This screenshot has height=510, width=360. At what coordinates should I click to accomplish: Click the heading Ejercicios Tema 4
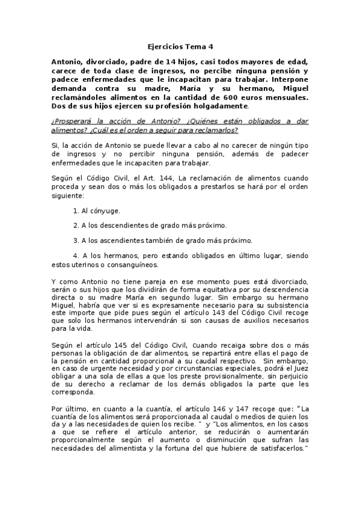point(180,46)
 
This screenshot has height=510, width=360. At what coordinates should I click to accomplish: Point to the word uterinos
point(91,264)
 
